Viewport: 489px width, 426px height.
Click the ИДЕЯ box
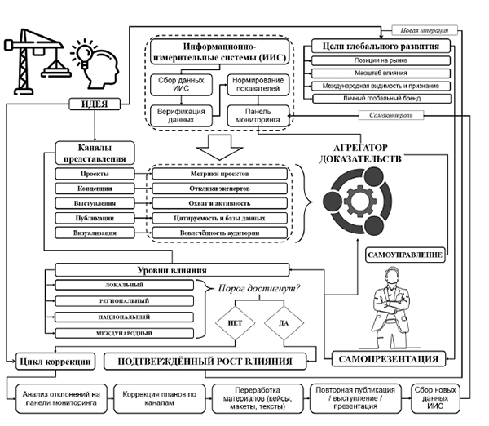tap(95, 104)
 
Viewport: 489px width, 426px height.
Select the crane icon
tap(37, 58)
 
